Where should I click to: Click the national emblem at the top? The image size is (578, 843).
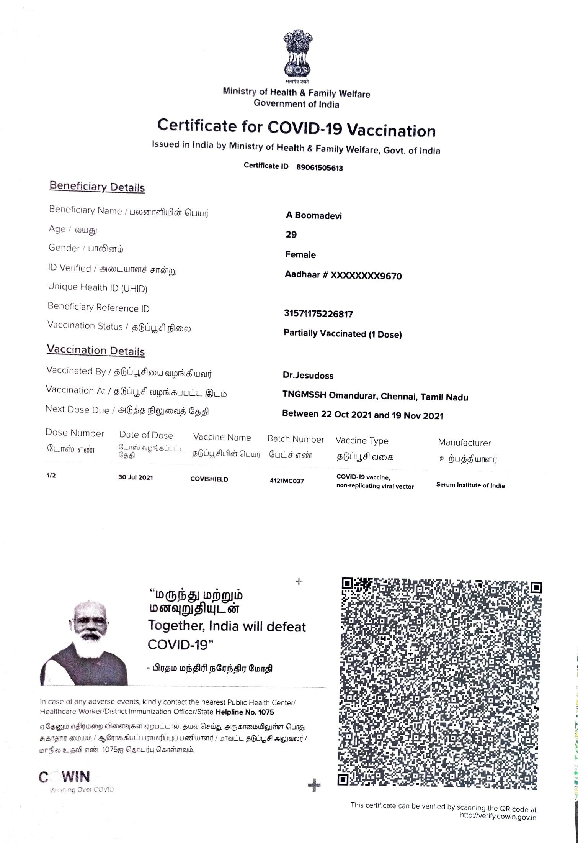point(297,54)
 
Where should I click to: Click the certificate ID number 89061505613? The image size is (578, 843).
point(320,168)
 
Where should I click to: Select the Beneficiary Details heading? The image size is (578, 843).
point(97,187)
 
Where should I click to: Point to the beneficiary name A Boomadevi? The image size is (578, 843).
point(314,215)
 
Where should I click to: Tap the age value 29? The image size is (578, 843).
point(291,235)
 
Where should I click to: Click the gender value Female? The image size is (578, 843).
point(300,255)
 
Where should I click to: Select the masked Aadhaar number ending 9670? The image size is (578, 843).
point(343,276)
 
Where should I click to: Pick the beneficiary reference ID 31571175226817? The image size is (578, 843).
point(318,314)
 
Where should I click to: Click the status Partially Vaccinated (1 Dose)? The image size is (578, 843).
point(343,334)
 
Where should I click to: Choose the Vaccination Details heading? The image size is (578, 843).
point(96,351)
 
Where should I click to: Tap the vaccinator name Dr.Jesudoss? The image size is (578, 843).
point(308,376)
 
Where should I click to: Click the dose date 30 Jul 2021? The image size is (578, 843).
point(136,477)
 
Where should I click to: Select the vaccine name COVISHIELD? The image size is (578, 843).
point(209,479)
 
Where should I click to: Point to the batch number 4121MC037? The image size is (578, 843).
point(287,481)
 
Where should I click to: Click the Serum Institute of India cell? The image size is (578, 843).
point(470,485)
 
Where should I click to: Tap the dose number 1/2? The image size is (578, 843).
point(51,476)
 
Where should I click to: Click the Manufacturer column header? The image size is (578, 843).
point(464,443)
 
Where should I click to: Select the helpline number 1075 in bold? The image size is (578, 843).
point(245,712)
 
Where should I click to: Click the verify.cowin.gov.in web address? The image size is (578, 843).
point(498,816)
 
